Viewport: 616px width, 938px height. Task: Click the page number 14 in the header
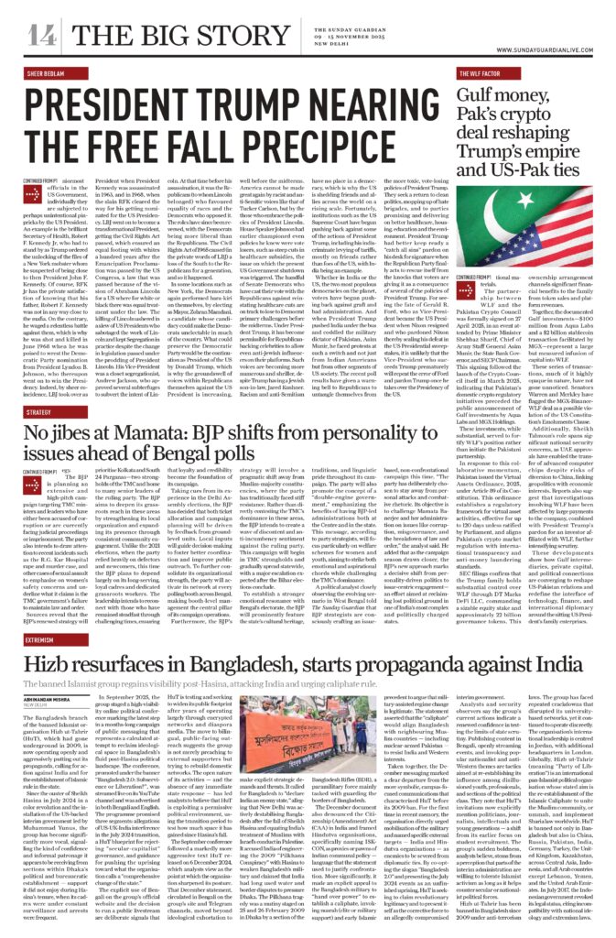click(x=40, y=36)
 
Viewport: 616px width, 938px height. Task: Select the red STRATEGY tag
click(x=38, y=389)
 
